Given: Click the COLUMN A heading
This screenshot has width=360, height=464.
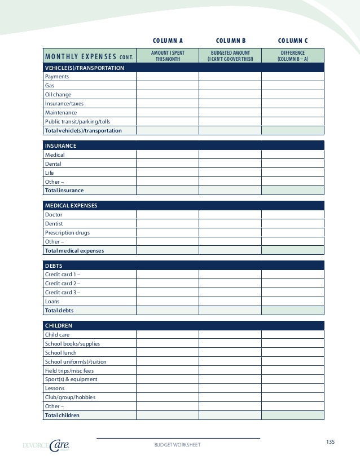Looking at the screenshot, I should [168, 41].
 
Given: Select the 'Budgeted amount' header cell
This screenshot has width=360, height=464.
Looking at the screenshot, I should [230, 56].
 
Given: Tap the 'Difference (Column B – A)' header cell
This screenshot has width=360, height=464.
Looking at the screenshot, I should [293, 56].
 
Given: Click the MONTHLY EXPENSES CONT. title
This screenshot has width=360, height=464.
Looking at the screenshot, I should [89, 56].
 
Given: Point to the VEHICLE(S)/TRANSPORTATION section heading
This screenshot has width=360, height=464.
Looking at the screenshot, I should [85, 68].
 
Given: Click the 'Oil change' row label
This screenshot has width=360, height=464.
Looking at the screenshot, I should [58, 95].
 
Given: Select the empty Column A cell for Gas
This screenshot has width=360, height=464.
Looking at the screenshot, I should [167, 86].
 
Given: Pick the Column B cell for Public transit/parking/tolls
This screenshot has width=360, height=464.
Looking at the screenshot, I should [230, 122].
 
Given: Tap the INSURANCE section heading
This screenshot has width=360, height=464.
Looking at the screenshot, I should [60, 146].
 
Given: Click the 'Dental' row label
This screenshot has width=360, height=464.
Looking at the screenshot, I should [53, 164].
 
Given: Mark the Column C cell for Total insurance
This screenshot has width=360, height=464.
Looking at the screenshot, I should [293, 191].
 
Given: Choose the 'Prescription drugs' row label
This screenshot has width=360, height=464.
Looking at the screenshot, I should [67, 233].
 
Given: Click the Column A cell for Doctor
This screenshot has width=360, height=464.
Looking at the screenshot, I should [167, 215].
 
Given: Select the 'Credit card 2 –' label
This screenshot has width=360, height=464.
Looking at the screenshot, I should [63, 284].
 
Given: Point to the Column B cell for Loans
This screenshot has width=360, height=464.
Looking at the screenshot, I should [230, 302].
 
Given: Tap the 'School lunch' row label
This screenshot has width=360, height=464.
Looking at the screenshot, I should [61, 353].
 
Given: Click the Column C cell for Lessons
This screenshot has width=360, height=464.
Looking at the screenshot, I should [293, 388].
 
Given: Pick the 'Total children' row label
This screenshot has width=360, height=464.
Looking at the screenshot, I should [62, 416].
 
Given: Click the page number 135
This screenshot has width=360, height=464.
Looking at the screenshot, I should [330, 441].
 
